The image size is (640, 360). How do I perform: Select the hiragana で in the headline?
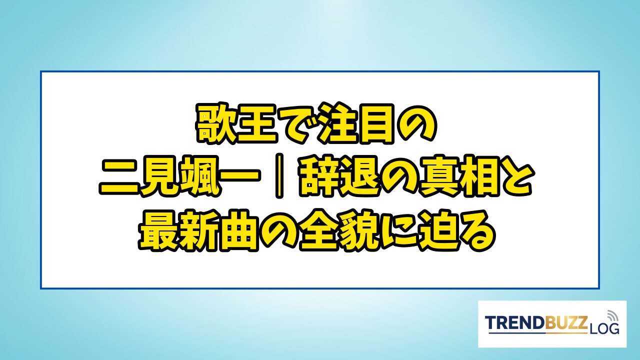[x=298, y=124]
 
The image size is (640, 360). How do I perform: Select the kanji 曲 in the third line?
[x=240, y=230]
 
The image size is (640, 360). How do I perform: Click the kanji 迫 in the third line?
[x=442, y=230]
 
